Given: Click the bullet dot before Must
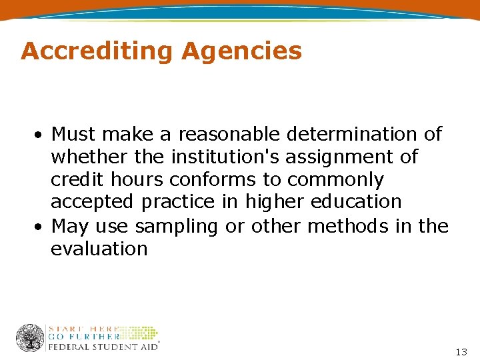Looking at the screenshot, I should [x=41, y=135].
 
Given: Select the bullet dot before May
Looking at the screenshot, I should [x=41, y=227].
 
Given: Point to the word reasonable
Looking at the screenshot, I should [x=230, y=134].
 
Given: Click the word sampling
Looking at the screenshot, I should [x=177, y=227].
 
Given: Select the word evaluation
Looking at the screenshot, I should [x=99, y=249].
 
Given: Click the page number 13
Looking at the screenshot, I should [x=461, y=351].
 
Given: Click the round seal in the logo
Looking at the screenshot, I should [x=30, y=338].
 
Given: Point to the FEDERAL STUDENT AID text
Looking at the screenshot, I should [x=103, y=346].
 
